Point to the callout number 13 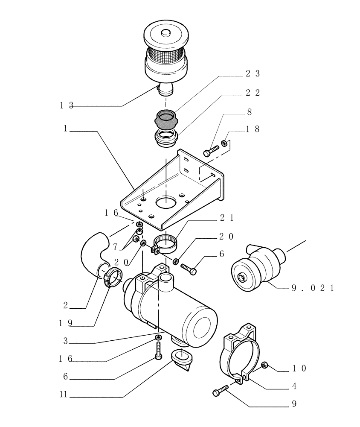pos(67,105)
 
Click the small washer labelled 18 pos(224,143)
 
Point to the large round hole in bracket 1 pos(168,201)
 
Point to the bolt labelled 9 pos(220,391)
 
